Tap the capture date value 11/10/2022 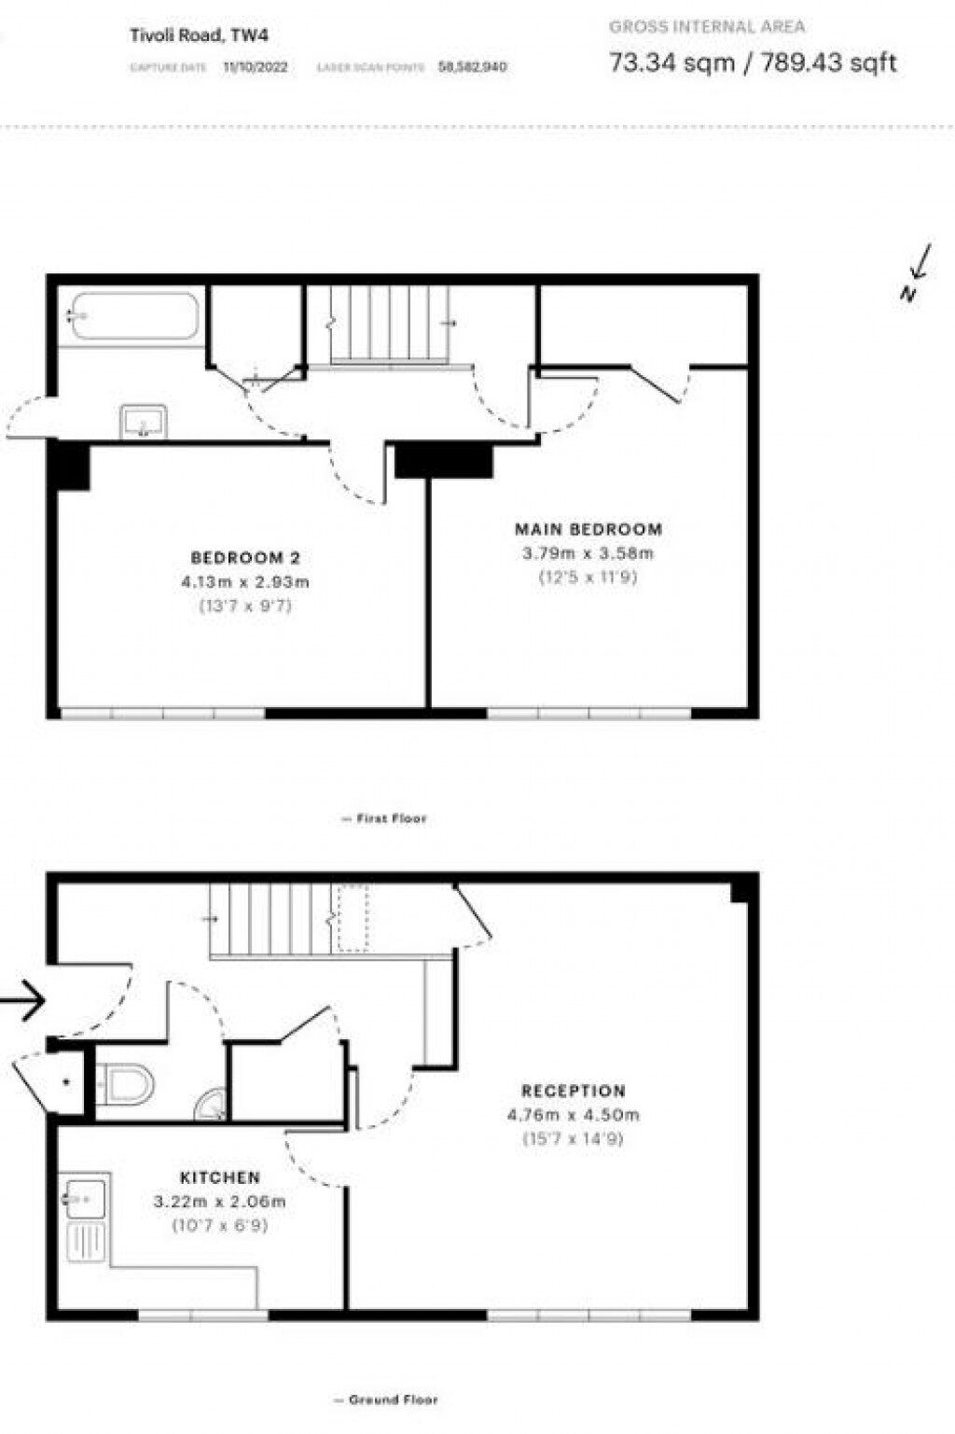click(256, 67)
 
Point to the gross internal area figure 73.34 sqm click(671, 63)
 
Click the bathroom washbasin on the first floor click(143, 422)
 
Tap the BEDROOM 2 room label click(245, 558)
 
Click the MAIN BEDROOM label click(588, 529)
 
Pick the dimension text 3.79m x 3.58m click(588, 552)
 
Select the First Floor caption click(384, 818)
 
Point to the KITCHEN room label click(220, 1177)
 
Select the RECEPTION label click(574, 1091)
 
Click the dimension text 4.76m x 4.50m click(574, 1114)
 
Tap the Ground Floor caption click(386, 1399)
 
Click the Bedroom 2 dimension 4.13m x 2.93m click(245, 582)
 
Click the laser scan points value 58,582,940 click(473, 67)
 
